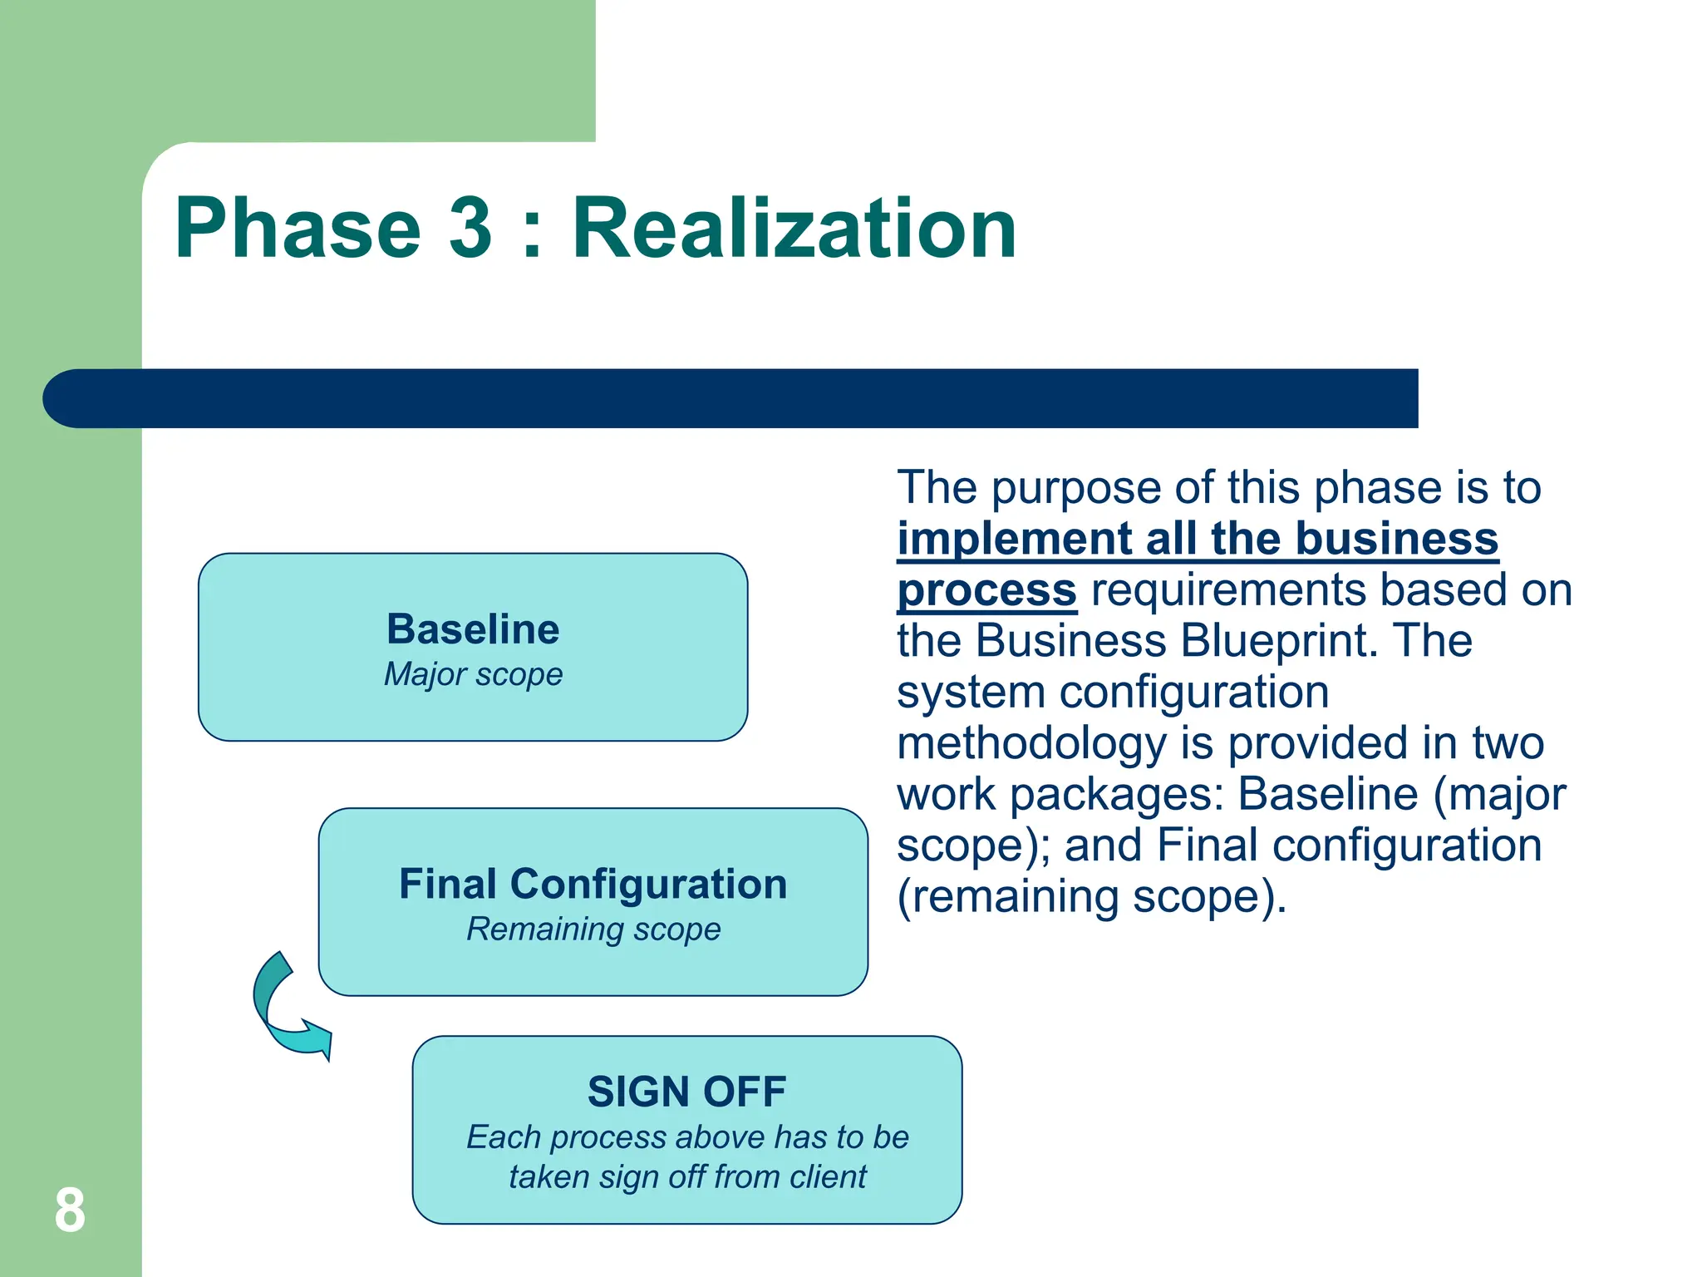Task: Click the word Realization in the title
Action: pyautogui.click(x=794, y=228)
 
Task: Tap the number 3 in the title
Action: pyautogui.click(x=471, y=228)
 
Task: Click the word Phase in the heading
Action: pyautogui.click(x=298, y=228)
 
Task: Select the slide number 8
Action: pyautogui.click(x=70, y=1210)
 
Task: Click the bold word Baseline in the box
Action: pyautogui.click(x=473, y=629)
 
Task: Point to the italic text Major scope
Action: pyautogui.click(x=473, y=674)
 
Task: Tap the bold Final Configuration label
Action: pyautogui.click(x=593, y=884)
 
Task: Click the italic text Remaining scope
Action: pyautogui.click(x=593, y=929)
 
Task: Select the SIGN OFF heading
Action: pyautogui.click(x=686, y=1092)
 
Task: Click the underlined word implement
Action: pyautogui.click(x=1014, y=539)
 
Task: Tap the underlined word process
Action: pyautogui.click(x=986, y=590)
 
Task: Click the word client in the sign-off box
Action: pyautogui.click(x=827, y=1177)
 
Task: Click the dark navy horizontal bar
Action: pyautogui.click(x=731, y=398)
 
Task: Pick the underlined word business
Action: pyautogui.click(x=1396, y=539)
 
